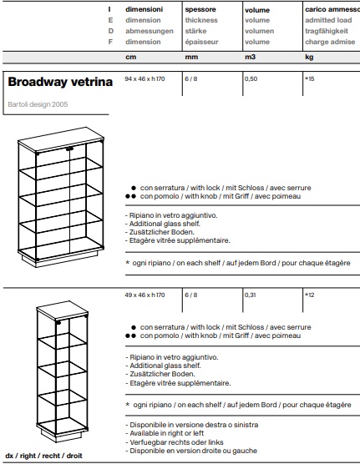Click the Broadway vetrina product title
60,82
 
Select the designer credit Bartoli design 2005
38,104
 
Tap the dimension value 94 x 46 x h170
145,78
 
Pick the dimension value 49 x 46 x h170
145,295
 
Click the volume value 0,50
251,78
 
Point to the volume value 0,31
251,295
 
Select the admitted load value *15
309,78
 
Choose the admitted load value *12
309,295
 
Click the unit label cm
130,57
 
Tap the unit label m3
250,57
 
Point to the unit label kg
309,57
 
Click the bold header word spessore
200,9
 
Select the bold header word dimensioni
144,9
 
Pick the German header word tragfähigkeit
327,31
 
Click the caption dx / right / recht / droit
44,456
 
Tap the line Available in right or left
166,433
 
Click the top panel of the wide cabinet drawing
61,139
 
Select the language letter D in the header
111,31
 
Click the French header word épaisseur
201,42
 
